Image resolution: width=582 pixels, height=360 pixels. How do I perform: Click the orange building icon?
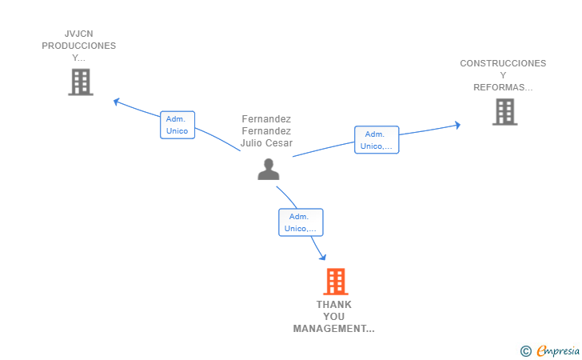336,282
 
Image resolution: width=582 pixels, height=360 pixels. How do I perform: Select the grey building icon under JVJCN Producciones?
81,82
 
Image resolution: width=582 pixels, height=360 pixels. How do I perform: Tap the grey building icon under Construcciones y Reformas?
504,112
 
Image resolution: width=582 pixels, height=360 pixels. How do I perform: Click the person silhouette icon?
269,169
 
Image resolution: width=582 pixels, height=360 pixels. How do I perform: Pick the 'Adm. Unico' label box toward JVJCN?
177,125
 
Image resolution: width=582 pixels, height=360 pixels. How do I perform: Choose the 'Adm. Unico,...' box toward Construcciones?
377,140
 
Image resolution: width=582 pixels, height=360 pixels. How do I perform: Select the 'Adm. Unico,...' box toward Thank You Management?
301,222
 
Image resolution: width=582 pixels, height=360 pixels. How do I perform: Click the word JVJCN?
79,34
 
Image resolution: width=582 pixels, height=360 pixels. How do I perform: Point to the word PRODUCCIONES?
79,46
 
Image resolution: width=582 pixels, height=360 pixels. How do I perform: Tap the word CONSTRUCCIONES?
503,63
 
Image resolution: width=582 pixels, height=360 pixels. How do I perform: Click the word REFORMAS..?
502,87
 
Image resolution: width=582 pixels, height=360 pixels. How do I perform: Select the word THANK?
333,305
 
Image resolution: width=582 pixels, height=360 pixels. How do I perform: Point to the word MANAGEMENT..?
333,329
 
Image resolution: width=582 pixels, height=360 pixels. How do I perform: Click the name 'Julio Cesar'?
266,144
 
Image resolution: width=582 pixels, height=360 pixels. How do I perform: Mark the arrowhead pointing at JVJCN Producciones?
117,102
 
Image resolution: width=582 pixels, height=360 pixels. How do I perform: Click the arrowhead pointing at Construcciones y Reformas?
457,125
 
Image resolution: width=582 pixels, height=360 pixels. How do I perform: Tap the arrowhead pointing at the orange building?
323,257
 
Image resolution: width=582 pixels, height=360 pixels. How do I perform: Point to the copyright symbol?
525,350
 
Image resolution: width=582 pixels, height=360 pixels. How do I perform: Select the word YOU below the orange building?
333,317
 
